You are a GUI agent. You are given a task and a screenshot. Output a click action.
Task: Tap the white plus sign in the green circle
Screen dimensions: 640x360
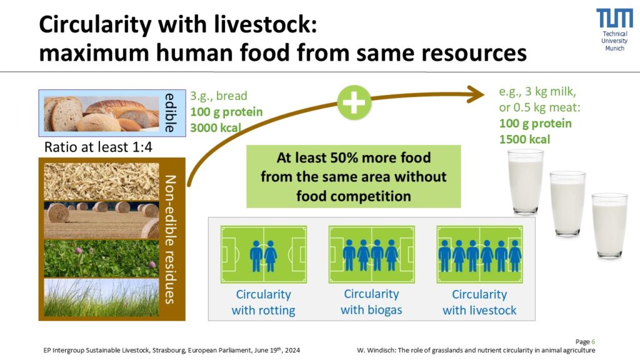click(x=354, y=102)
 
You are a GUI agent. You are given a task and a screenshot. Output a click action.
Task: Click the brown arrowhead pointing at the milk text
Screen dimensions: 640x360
click(x=476, y=94)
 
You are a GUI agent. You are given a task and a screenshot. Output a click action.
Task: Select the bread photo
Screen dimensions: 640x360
click(x=101, y=114)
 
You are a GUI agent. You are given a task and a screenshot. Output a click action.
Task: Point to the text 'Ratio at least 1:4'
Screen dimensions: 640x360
click(x=98, y=147)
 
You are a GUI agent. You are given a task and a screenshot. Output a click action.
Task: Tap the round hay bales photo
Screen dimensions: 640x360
click(x=101, y=220)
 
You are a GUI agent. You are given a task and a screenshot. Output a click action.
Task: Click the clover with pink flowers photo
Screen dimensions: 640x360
click(x=101, y=259)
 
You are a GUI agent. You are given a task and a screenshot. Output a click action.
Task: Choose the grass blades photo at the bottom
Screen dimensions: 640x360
click(x=101, y=297)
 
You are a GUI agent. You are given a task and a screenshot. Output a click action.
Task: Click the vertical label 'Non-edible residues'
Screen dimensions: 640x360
click(x=170, y=239)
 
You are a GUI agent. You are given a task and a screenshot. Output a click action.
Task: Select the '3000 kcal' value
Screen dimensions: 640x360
click(x=216, y=127)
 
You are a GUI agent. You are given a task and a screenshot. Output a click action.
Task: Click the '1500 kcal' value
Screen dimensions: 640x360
click(x=524, y=139)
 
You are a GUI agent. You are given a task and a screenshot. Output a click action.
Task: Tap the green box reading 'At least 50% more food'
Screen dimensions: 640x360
click(x=354, y=177)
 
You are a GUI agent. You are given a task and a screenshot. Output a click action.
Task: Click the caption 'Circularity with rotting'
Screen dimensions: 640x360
click(x=263, y=302)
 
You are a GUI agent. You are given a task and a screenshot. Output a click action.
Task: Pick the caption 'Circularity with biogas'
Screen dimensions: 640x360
click(x=371, y=302)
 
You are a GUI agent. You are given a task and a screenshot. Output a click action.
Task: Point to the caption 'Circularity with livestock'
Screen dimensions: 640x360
click(x=479, y=302)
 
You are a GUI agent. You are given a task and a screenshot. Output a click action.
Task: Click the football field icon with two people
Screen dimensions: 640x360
click(x=264, y=254)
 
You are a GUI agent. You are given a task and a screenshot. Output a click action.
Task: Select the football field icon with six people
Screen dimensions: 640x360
click(x=479, y=254)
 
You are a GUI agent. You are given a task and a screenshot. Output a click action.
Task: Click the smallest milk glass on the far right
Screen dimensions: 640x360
click(x=610, y=225)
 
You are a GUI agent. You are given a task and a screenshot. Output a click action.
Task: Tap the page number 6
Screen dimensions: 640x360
click(x=594, y=342)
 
